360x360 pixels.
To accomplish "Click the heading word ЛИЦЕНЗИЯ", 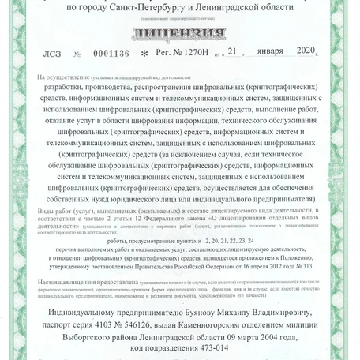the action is coord(180,34).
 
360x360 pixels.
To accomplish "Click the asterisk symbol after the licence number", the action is coord(144,54).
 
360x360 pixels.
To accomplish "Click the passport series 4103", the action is coord(115,324).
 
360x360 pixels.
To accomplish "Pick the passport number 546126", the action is coord(156,324).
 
